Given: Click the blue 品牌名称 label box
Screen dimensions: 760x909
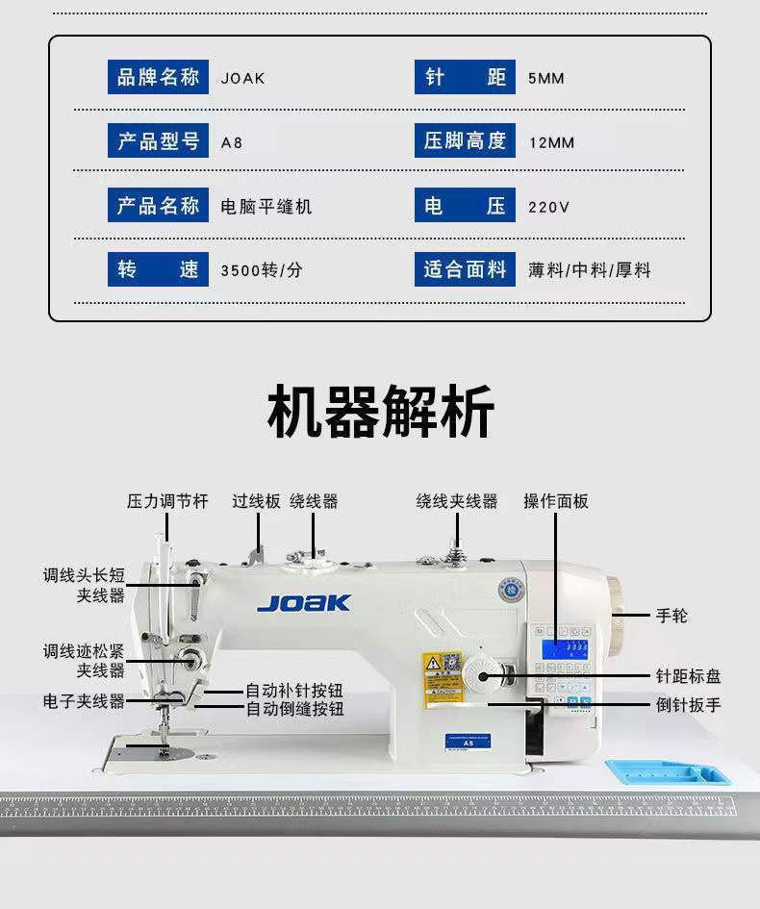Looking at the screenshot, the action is (x=158, y=78).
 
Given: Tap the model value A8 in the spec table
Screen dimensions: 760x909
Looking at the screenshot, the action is (x=232, y=142).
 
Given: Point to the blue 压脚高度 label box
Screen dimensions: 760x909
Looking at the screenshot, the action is (x=466, y=141).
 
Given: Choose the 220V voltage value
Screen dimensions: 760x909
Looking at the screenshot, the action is (x=548, y=207).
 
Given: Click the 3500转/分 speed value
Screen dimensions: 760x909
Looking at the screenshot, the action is (x=261, y=270).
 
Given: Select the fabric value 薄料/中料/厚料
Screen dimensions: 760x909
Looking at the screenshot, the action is (x=589, y=270).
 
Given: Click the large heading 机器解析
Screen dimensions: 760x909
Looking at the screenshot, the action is (x=380, y=412).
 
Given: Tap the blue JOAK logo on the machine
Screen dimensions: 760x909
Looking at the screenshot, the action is (x=304, y=603).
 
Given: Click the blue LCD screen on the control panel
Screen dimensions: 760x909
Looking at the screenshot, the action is (x=566, y=647).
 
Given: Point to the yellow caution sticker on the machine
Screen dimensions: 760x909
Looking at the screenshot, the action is (x=442, y=678).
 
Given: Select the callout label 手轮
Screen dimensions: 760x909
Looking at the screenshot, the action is (x=672, y=615).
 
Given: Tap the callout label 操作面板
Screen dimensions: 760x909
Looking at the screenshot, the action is (x=556, y=501).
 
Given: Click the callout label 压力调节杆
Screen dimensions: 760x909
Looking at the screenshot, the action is (x=167, y=501).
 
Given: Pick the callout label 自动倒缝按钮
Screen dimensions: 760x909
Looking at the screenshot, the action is (x=294, y=710).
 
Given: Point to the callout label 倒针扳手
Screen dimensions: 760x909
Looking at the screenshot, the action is (x=688, y=704).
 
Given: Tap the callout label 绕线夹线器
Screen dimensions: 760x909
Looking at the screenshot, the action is (x=457, y=501).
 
